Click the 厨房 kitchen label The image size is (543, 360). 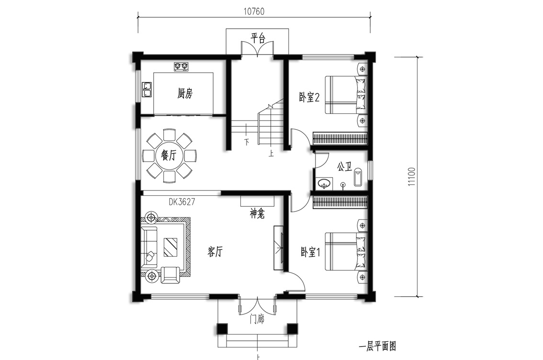click(x=184, y=94)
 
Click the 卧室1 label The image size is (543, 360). click(x=310, y=252)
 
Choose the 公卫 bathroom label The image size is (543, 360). click(x=344, y=167)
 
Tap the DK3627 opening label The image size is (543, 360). click(x=181, y=202)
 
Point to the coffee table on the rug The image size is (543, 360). click(x=170, y=247)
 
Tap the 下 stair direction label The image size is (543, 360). click(x=247, y=142)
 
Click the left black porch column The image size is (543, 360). click(x=222, y=329)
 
